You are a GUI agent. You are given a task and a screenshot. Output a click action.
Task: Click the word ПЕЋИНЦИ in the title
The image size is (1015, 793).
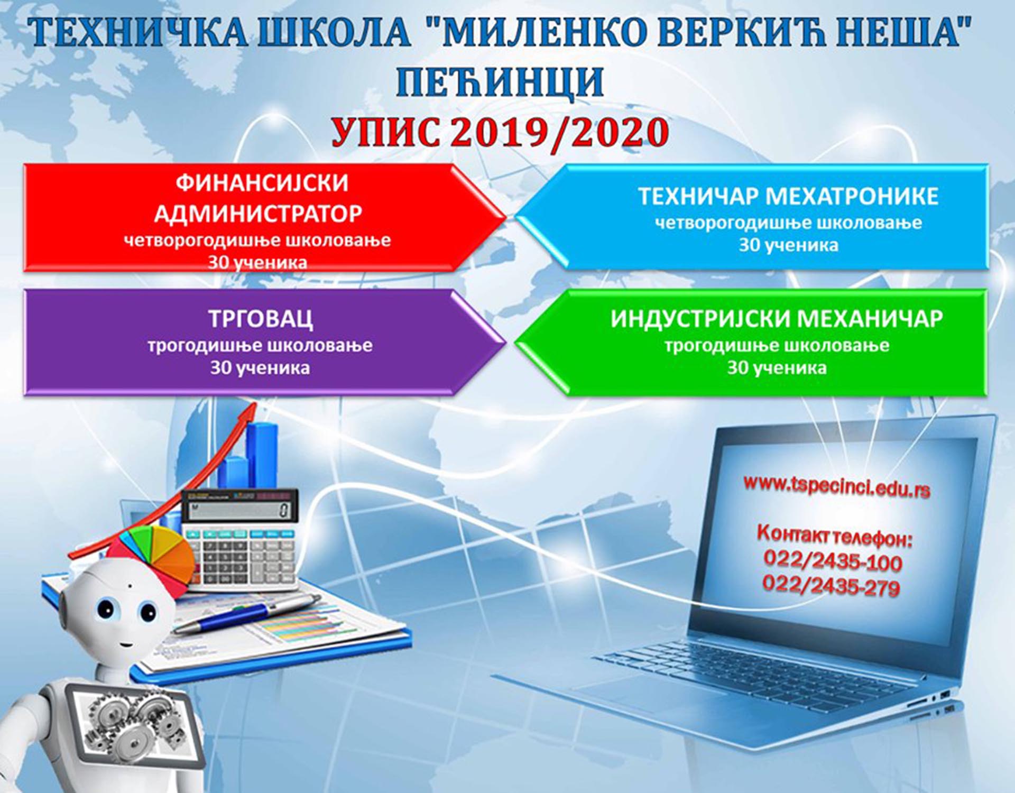tap(500, 82)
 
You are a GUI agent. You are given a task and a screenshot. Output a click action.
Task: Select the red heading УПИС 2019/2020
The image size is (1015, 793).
tap(500, 132)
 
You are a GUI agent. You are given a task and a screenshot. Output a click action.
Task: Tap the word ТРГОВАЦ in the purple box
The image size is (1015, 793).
tap(260, 319)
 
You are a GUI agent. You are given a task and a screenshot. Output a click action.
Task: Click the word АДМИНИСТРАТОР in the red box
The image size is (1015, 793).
tap(258, 214)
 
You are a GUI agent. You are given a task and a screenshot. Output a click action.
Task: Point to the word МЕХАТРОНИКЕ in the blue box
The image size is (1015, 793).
tap(852, 196)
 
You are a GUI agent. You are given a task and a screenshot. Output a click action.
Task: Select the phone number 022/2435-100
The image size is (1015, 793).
tap(833, 561)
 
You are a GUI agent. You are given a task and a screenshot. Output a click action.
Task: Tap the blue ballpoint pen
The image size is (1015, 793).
tap(246, 613)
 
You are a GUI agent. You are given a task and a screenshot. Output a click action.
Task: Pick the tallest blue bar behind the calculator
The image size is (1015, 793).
tap(262, 455)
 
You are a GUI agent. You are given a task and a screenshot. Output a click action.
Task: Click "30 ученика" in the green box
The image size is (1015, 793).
tap(777, 368)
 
